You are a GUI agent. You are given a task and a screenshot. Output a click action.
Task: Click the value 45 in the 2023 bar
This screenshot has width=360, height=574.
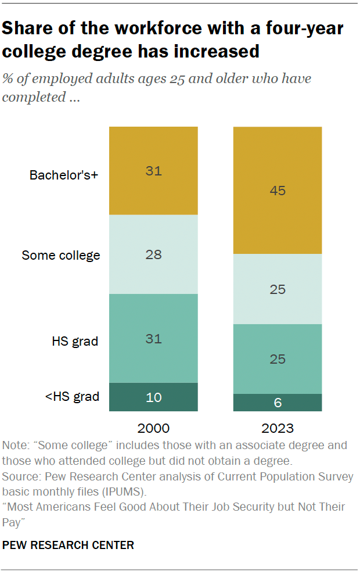(278, 190)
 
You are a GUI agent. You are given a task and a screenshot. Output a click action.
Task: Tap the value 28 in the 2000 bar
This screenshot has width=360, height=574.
(153, 254)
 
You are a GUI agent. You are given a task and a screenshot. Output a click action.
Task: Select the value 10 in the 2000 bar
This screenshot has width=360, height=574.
(153, 397)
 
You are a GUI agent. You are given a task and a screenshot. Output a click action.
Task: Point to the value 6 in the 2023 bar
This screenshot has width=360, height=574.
(278, 403)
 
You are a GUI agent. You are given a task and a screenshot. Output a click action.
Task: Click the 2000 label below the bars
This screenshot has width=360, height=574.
(153, 429)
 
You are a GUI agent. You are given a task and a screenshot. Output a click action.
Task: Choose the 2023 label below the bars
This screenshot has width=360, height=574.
(278, 429)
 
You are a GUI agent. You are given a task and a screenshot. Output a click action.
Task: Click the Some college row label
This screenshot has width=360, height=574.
(61, 255)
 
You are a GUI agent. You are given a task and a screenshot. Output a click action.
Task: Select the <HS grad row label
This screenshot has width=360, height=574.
(72, 397)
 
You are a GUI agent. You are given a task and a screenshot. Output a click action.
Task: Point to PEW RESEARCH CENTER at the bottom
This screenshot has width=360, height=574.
(69, 545)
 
